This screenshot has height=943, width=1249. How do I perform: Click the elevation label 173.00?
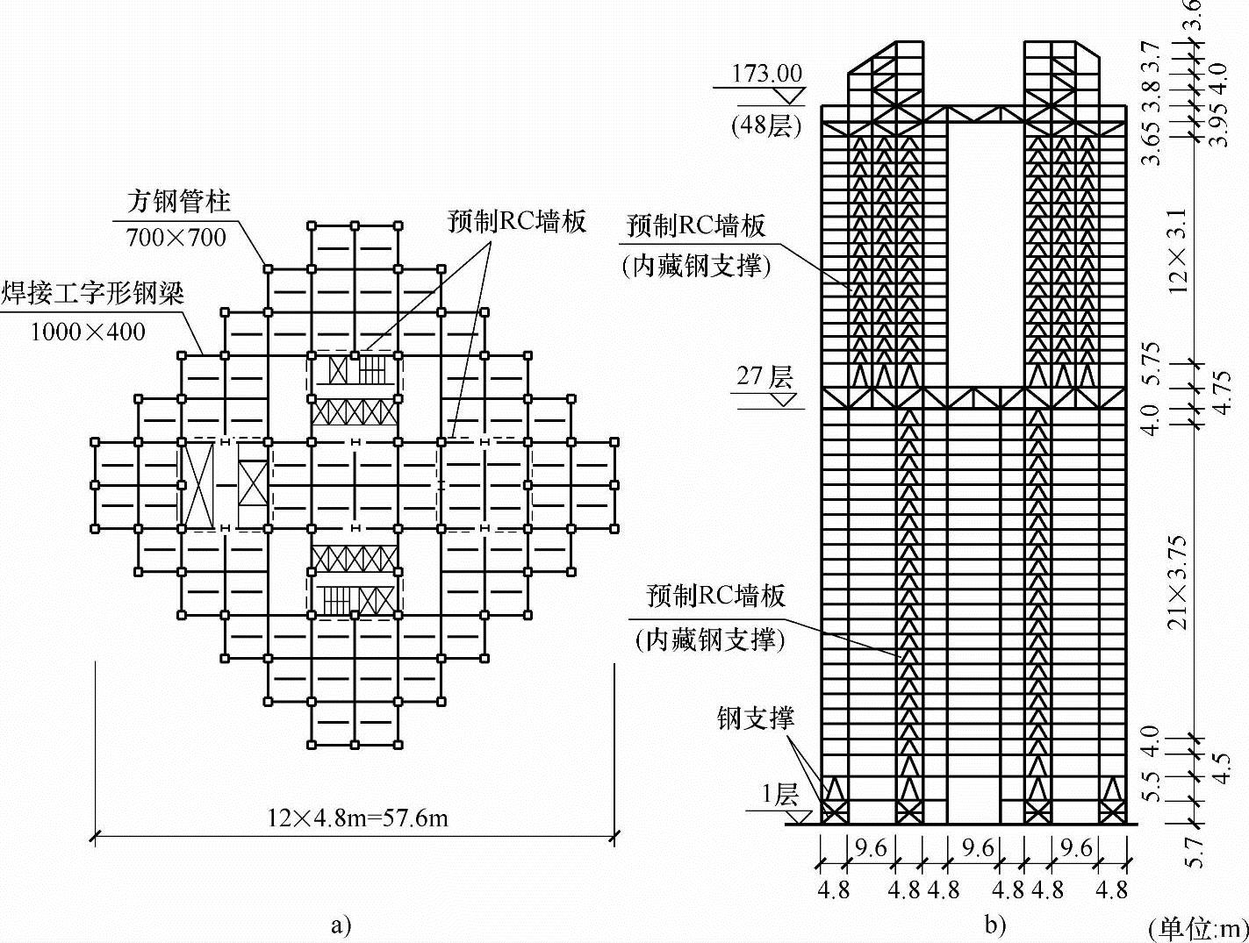[x=766, y=73]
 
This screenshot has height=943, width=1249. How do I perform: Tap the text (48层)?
[x=766, y=125]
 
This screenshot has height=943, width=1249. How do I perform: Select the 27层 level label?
[x=764, y=376]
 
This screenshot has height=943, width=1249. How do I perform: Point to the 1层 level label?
[x=779, y=796]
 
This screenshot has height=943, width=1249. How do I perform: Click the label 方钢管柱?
[x=178, y=202]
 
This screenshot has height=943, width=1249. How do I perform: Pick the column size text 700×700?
[x=176, y=237]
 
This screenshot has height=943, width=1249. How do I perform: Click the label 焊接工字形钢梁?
[x=92, y=293]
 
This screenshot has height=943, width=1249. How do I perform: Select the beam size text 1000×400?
[x=88, y=331]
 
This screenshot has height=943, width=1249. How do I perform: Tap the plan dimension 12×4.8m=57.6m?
[x=358, y=818]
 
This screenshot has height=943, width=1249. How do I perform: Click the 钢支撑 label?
[x=755, y=718]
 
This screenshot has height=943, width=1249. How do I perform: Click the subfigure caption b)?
[x=994, y=925]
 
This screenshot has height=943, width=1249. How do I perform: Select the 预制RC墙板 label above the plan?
[x=516, y=221]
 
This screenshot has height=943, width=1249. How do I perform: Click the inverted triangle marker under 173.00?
[x=791, y=96]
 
